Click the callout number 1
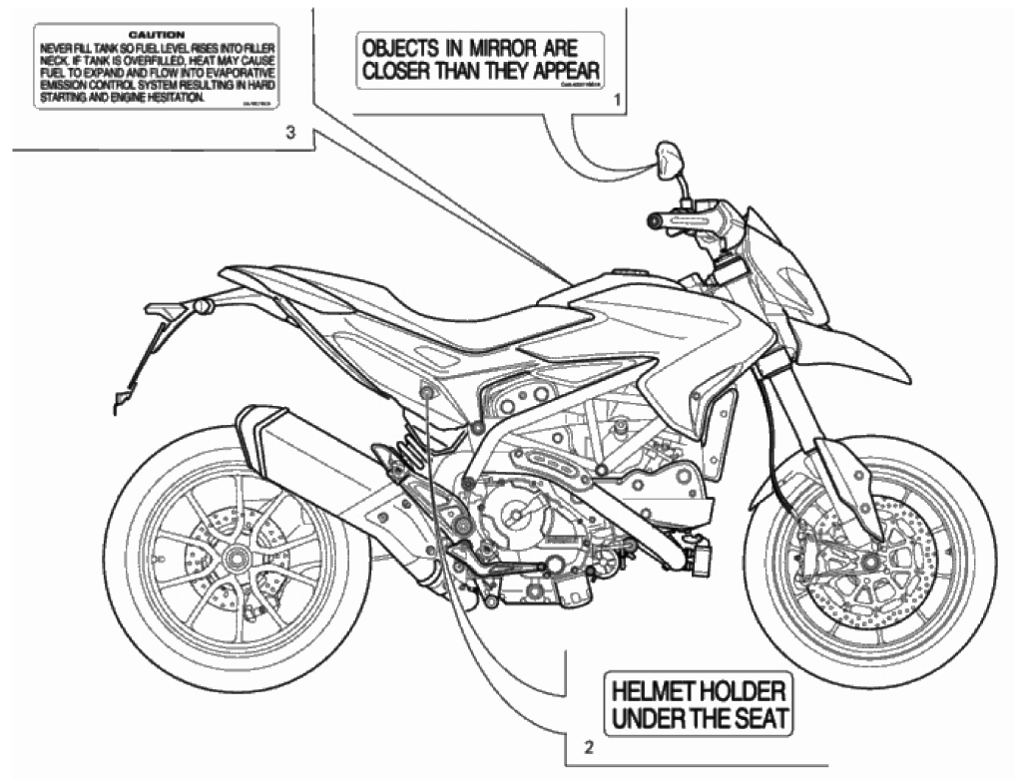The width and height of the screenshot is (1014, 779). click(x=618, y=100)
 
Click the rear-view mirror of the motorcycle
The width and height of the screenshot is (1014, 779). click(x=668, y=159)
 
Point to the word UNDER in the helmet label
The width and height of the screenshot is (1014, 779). click(x=649, y=717)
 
